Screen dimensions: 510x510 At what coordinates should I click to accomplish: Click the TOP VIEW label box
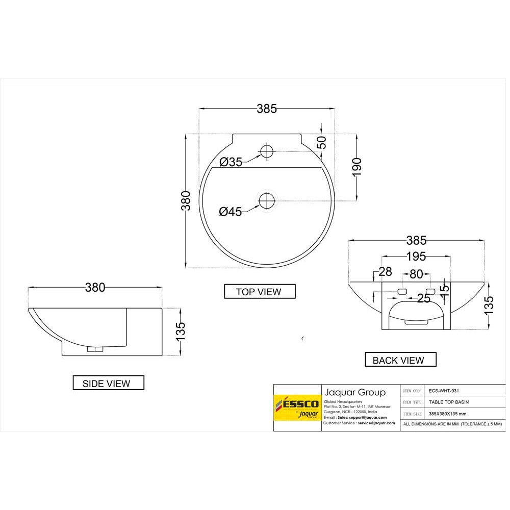(x=260, y=292)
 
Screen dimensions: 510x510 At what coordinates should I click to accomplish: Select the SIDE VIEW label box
(x=108, y=383)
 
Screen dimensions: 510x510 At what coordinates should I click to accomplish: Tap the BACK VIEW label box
(x=401, y=360)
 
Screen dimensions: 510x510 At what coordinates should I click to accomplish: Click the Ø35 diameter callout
(x=231, y=163)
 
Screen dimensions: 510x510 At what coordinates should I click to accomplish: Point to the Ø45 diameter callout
(x=231, y=212)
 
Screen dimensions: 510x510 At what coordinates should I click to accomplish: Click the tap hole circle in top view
(x=267, y=151)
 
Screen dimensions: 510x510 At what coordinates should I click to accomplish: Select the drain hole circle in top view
(x=267, y=201)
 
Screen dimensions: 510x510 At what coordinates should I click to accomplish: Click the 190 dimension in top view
(x=356, y=167)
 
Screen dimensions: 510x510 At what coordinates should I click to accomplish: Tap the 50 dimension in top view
(x=321, y=143)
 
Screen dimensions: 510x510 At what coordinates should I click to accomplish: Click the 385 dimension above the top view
(x=267, y=109)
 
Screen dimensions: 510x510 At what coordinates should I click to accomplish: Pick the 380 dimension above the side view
(x=95, y=288)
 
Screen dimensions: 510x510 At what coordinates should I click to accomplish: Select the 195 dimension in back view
(x=416, y=256)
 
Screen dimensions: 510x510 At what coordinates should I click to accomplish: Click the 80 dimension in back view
(x=417, y=274)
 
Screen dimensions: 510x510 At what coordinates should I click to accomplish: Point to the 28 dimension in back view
(x=385, y=272)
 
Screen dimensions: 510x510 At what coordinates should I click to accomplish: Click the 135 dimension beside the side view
(x=181, y=331)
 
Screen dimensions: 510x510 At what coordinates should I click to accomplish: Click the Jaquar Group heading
(x=355, y=392)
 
